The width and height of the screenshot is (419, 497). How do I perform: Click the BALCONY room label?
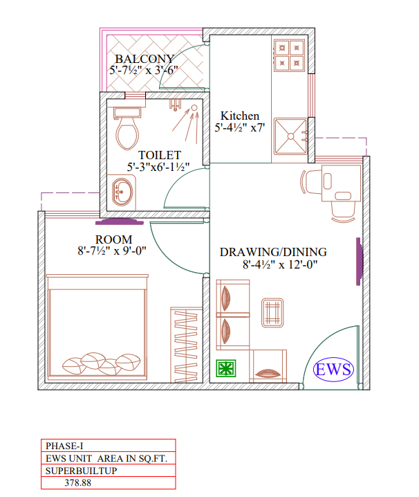(x=145, y=59)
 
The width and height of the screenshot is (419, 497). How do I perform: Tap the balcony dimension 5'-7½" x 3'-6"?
(x=144, y=71)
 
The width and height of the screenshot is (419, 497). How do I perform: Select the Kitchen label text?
(x=239, y=116)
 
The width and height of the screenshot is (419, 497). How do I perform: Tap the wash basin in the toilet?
(x=123, y=191)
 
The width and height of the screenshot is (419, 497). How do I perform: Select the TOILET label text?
(x=160, y=155)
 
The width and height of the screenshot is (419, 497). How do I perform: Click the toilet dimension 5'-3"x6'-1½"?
(x=158, y=167)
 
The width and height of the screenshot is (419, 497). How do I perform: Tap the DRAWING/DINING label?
(x=273, y=252)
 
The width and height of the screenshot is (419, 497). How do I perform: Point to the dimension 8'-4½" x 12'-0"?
(x=279, y=264)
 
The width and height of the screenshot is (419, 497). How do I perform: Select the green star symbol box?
(x=226, y=369)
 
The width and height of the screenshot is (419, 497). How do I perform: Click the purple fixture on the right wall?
(x=359, y=260)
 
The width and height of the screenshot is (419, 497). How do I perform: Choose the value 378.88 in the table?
(x=77, y=483)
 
